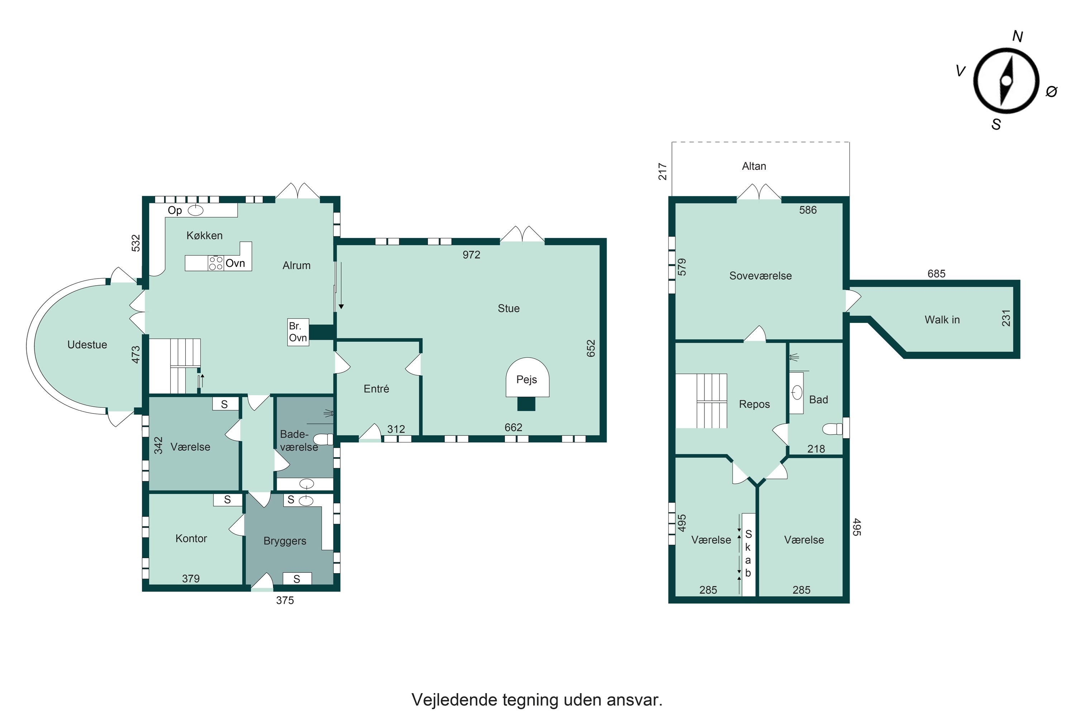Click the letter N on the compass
pyautogui.click(x=1017, y=37)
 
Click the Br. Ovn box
pyautogui.click(x=298, y=332)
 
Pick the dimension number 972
pyautogui.click(x=471, y=255)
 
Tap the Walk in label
pyautogui.click(x=942, y=320)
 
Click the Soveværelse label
pyautogui.click(x=760, y=276)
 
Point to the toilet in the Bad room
pyautogui.click(x=832, y=429)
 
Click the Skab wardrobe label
pyautogui.click(x=748, y=553)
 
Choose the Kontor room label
pyautogui.click(x=191, y=538)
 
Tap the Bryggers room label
pyautogui.click(x=285, y=541)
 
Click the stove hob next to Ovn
pyautogui.click(x=216, y=263)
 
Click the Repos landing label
pyautogui.click(x=754, y=404)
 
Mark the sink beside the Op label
pyautogui.click(x=196, y=210)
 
